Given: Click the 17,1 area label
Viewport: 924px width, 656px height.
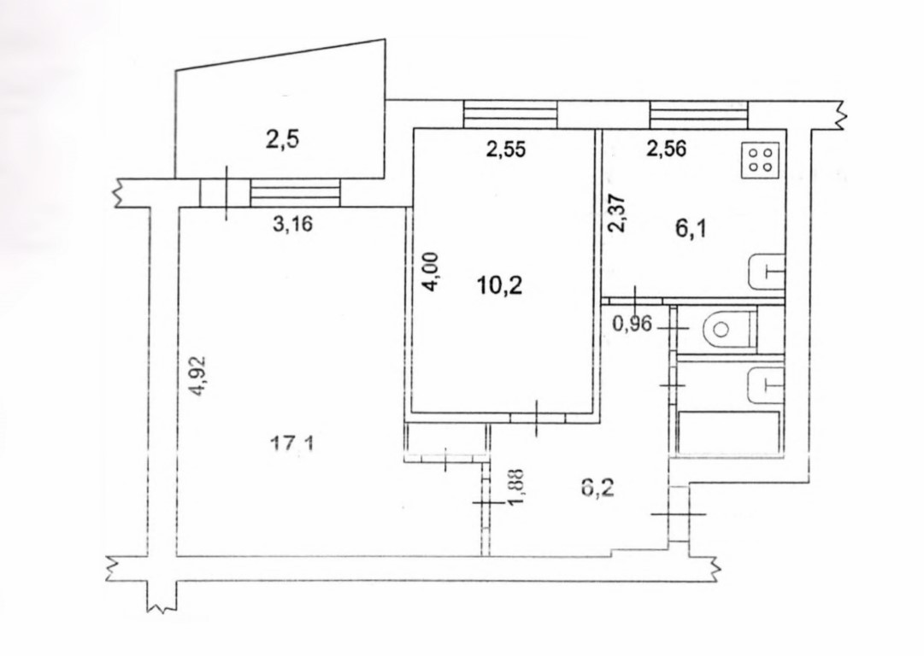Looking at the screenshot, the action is (x=291, y=442).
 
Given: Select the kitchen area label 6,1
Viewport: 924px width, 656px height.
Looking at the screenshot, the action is (x=691, y=228).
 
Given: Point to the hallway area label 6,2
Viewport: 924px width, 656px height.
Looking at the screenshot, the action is (x=597, y=488).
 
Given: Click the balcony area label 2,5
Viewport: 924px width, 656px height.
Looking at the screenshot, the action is (x=282, y=140).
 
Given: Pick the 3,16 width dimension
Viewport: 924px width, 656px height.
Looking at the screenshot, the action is (x=292, y=224).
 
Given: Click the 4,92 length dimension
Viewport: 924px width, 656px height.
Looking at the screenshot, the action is (x=197, y=375).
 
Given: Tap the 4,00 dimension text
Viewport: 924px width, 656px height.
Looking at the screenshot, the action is (x=432, y=272).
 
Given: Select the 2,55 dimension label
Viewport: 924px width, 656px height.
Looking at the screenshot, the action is (x=506, y=149).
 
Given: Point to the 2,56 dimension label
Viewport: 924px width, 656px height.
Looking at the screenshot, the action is (x=667, y=149).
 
